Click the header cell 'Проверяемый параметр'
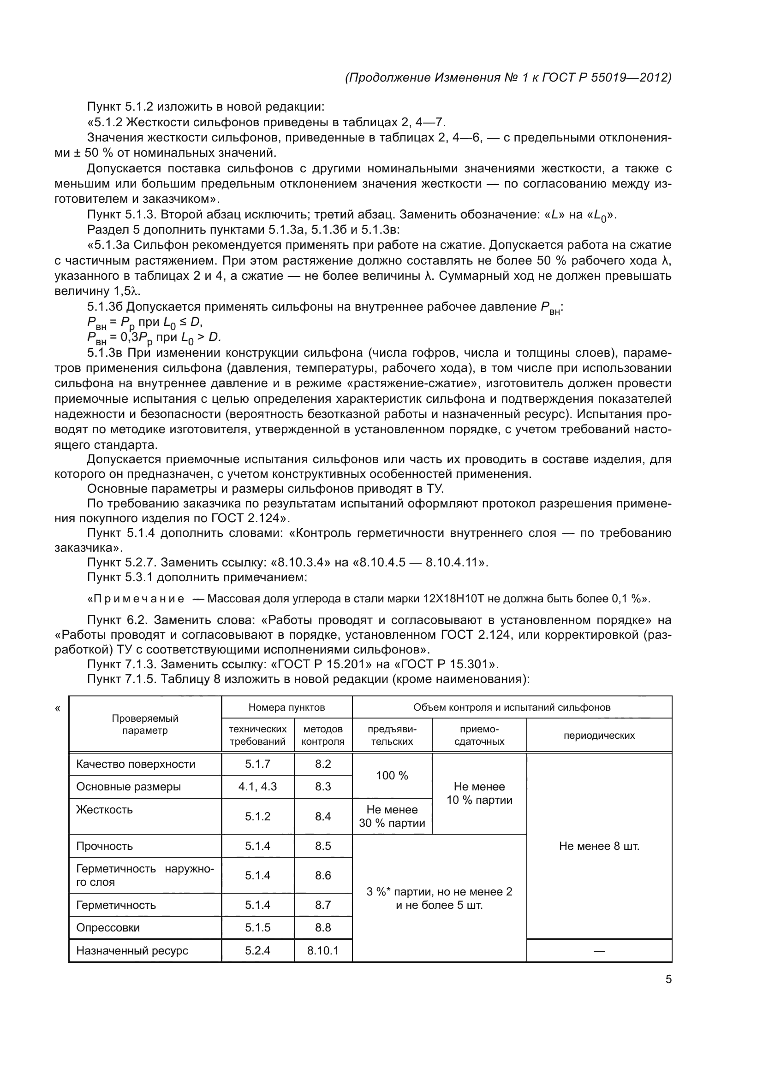click(x=145, y=725)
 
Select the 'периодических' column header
click(x=599, y=736)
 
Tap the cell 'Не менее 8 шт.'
click(x=599, y=846)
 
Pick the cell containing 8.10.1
click(x=323, y=951)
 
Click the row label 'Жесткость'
click(x=104, y=809)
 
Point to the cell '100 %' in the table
click(x=392, y=776)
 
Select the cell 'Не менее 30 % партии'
click(x=392, y=817)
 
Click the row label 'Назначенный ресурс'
click(x=132, y=951)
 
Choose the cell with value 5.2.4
click(x=257, y=951)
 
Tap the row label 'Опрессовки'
click(x=108, y=927)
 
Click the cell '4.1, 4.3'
click(x=257, y=786)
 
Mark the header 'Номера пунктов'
click(x=286, y=707)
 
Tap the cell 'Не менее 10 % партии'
click(x=479, y=794)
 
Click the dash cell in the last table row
click(x=599, y=951)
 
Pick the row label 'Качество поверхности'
click(x=136, y=764)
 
